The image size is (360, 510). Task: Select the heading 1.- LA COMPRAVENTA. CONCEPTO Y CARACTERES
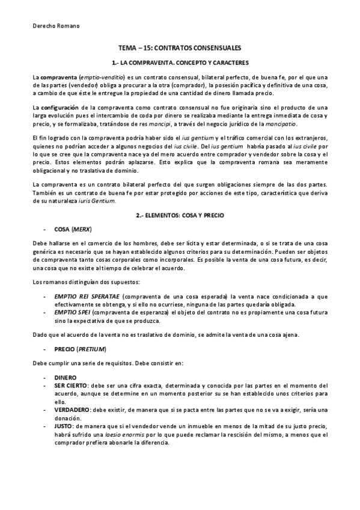(180, 63)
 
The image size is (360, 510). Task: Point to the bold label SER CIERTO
(72, 386)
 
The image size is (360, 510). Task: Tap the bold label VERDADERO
(72, 409)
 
